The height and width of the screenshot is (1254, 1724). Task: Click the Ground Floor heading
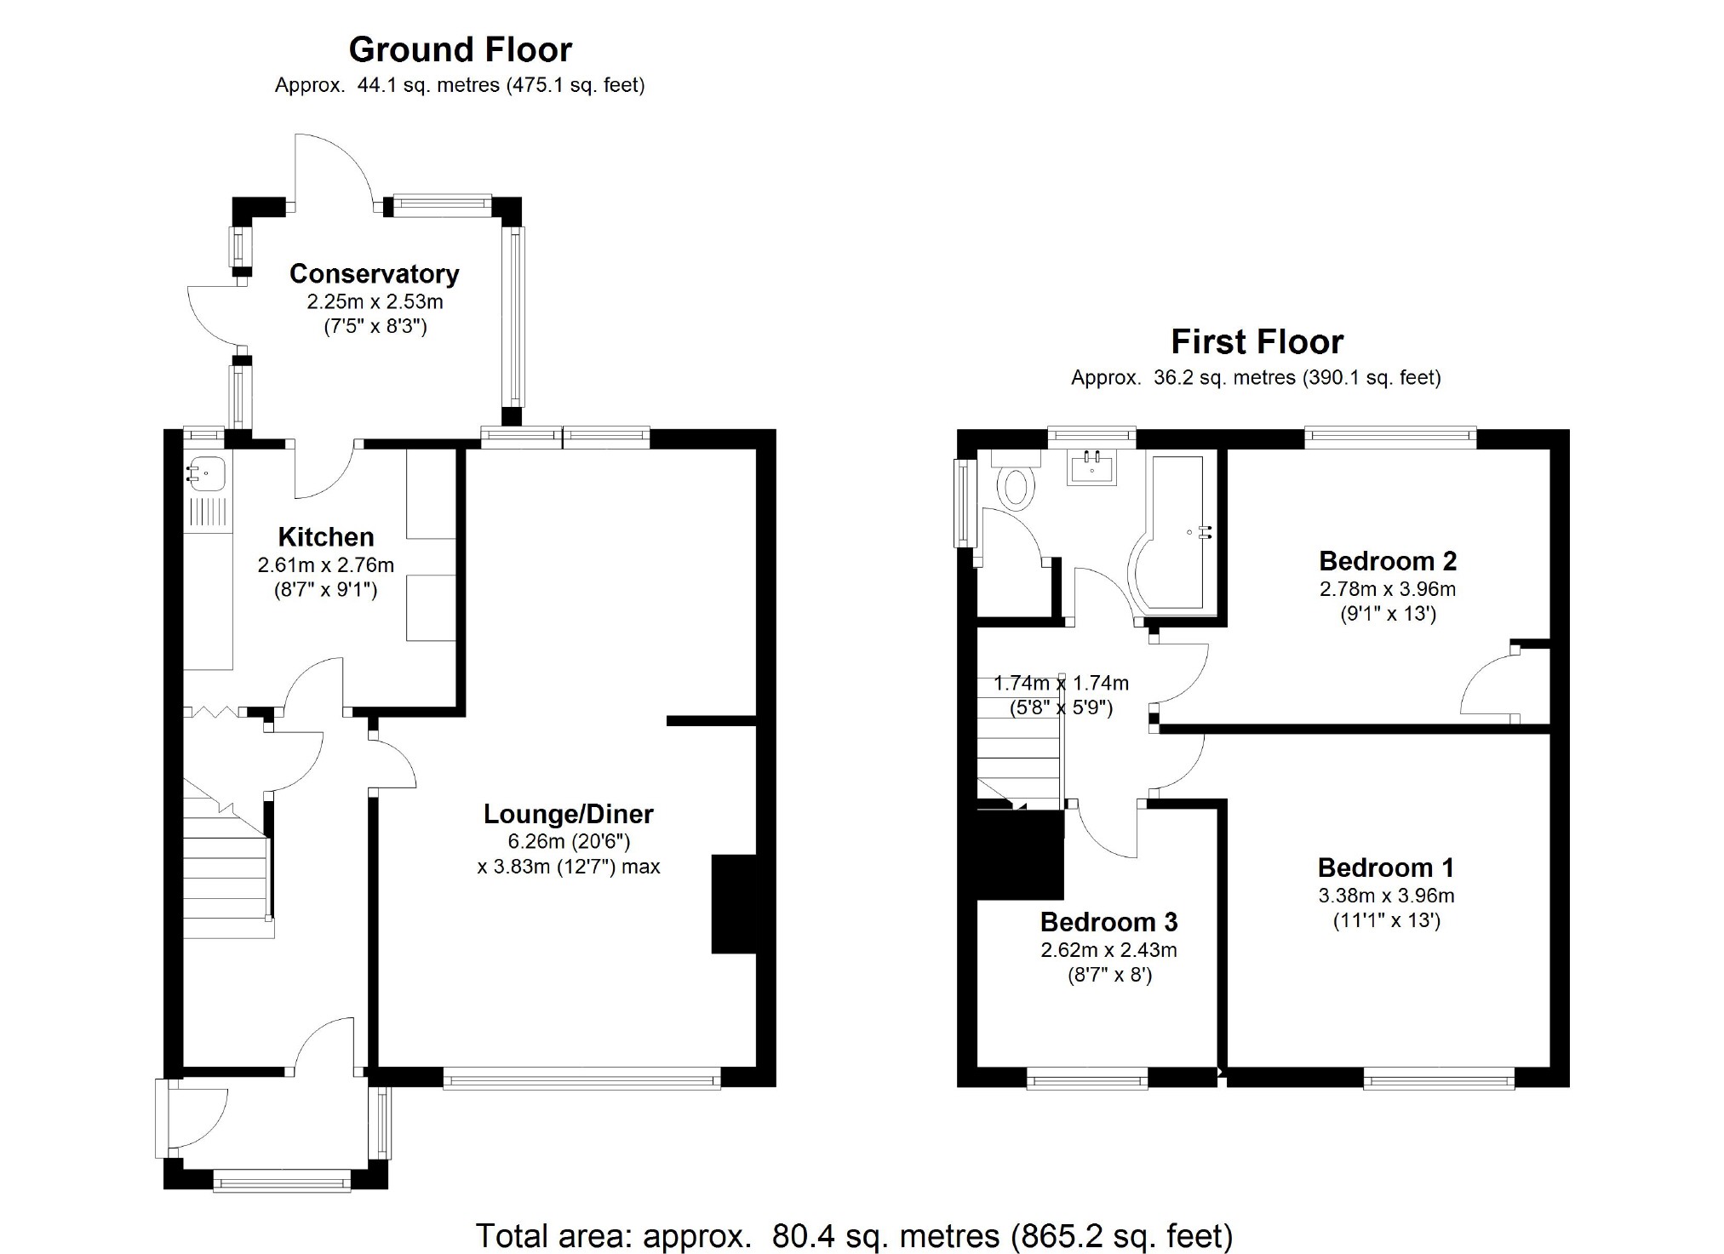coord(461,50)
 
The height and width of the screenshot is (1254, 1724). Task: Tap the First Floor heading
coord(1257,342)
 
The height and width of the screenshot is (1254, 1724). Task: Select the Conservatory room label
coord(375,274)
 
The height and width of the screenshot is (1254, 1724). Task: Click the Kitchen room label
coord(326,537)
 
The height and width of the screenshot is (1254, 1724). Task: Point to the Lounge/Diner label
coord(569,815)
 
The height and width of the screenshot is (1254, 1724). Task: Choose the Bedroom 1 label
coord(1386,867)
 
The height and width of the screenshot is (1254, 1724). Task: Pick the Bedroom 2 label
coord(1388,561)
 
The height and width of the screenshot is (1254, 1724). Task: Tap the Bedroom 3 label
coord(1109,922)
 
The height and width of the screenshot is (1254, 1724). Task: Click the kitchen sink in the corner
coord(206,473)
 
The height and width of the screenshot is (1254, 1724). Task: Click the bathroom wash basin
coord(1091,467)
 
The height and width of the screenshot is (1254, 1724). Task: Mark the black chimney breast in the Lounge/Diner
coord(733,904)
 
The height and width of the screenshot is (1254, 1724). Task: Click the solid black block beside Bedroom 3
coord(1020,854)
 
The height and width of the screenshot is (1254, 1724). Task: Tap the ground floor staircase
coord(227,860)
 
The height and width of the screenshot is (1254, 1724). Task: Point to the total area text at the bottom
coord(854,1235)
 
